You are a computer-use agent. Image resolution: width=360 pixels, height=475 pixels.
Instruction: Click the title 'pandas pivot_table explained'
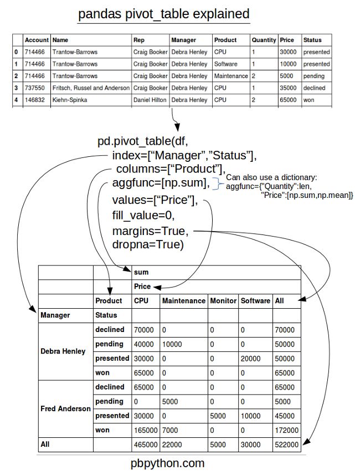[x=163, y=14]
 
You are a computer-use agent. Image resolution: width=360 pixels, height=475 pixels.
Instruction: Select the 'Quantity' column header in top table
[x=263, y=40]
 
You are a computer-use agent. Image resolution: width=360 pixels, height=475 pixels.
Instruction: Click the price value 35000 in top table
[x=289, y=88]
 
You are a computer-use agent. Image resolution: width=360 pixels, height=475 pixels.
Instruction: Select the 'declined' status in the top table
[x=314, y=88]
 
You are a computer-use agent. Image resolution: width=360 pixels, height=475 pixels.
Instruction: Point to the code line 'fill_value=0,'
[x=144, y=215]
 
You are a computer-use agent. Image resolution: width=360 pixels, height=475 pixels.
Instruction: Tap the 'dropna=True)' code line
[x=147, y=244]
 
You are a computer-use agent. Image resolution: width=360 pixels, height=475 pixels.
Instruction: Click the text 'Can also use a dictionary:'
[x=271, y=177]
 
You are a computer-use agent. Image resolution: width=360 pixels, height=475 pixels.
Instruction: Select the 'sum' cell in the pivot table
[x=141, y=273]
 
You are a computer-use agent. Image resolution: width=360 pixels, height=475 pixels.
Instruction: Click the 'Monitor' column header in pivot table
[x=223, y=301]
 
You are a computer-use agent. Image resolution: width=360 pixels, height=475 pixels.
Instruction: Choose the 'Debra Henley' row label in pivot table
[x=63, y=351]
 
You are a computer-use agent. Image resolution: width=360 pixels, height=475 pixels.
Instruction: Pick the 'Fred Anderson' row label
[x=65, y=408]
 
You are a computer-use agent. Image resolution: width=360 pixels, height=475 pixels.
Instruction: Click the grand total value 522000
[x=286, y=445]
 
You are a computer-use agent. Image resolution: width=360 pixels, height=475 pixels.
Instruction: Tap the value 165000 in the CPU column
[x=145, y=430]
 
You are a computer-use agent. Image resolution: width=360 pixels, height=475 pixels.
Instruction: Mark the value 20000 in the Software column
[x=250, y=359]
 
